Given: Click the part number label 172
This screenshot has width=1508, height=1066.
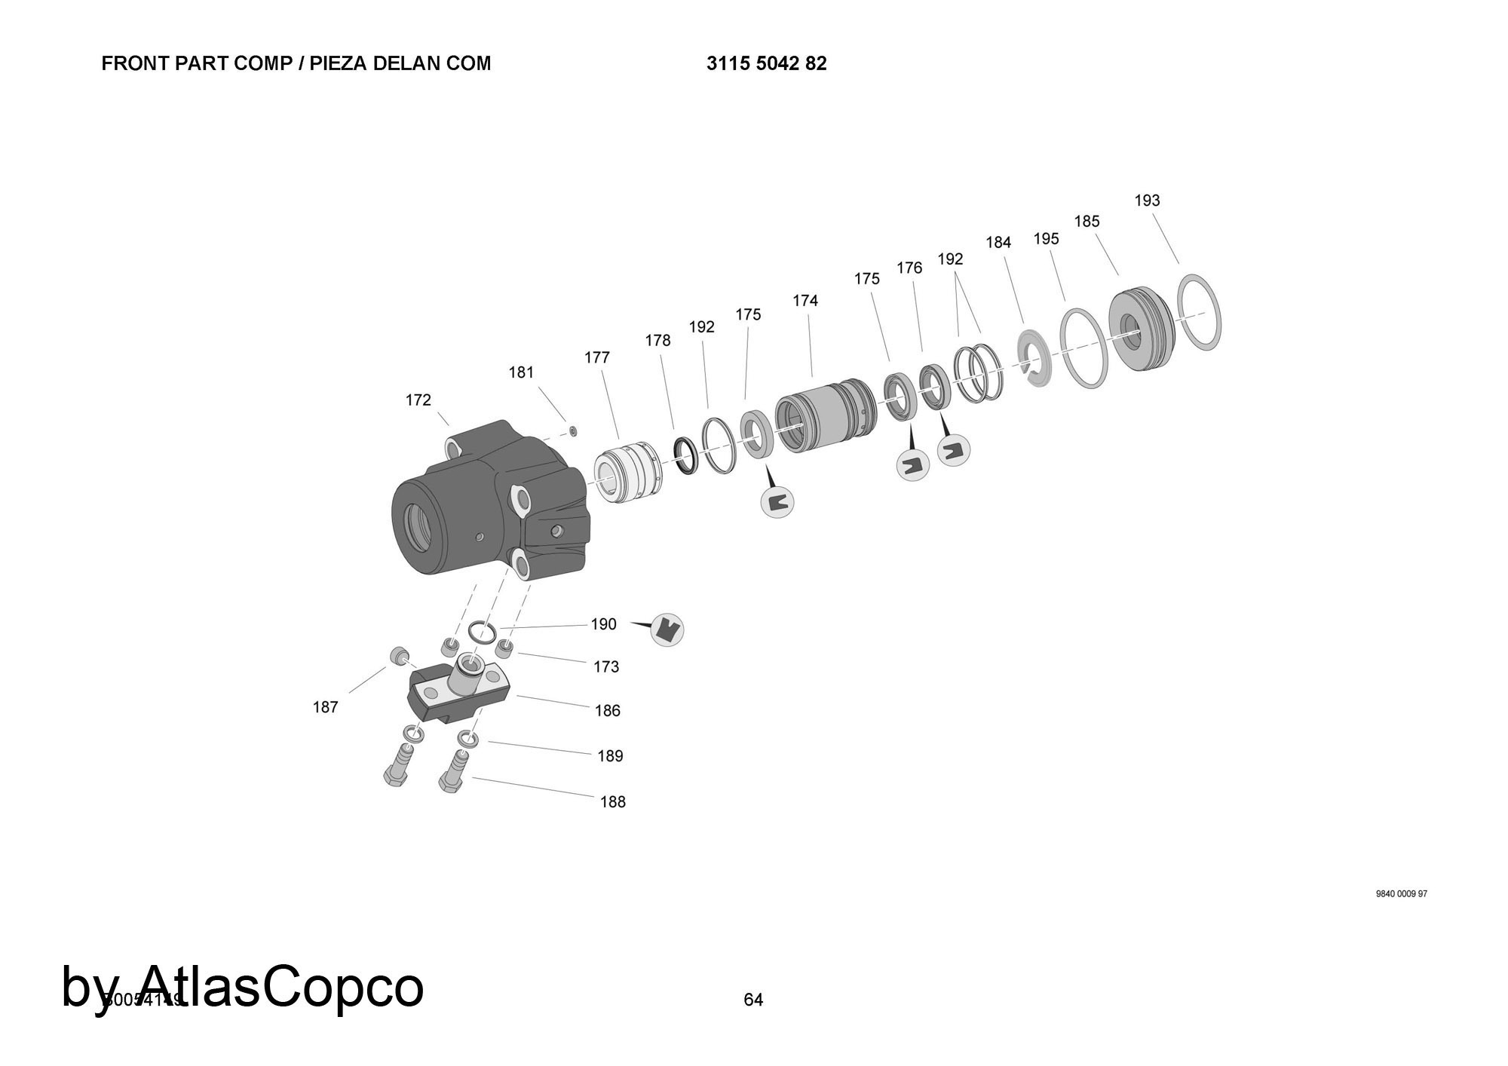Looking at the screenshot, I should click(418, 400).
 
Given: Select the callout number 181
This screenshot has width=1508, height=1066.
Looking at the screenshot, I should click(521, 372).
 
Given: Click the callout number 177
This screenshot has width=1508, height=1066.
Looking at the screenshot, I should click(596, 357).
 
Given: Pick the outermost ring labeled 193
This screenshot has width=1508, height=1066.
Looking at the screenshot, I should click(1198, 312).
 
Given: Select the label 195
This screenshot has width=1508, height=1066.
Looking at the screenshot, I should click(1046, 239).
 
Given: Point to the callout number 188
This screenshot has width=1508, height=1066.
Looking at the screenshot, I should click(612, 802).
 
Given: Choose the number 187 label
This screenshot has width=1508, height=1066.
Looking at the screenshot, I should click(326, 707).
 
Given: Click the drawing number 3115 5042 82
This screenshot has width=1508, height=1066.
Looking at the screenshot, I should click(766, 64).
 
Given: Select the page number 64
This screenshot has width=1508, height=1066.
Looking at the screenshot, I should click(753, 1000).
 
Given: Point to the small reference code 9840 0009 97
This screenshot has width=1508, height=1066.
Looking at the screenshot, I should click(1401, 894).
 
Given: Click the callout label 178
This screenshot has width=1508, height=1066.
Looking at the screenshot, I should click(657, 341).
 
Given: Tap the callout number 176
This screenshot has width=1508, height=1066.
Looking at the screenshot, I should click(909, 268).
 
